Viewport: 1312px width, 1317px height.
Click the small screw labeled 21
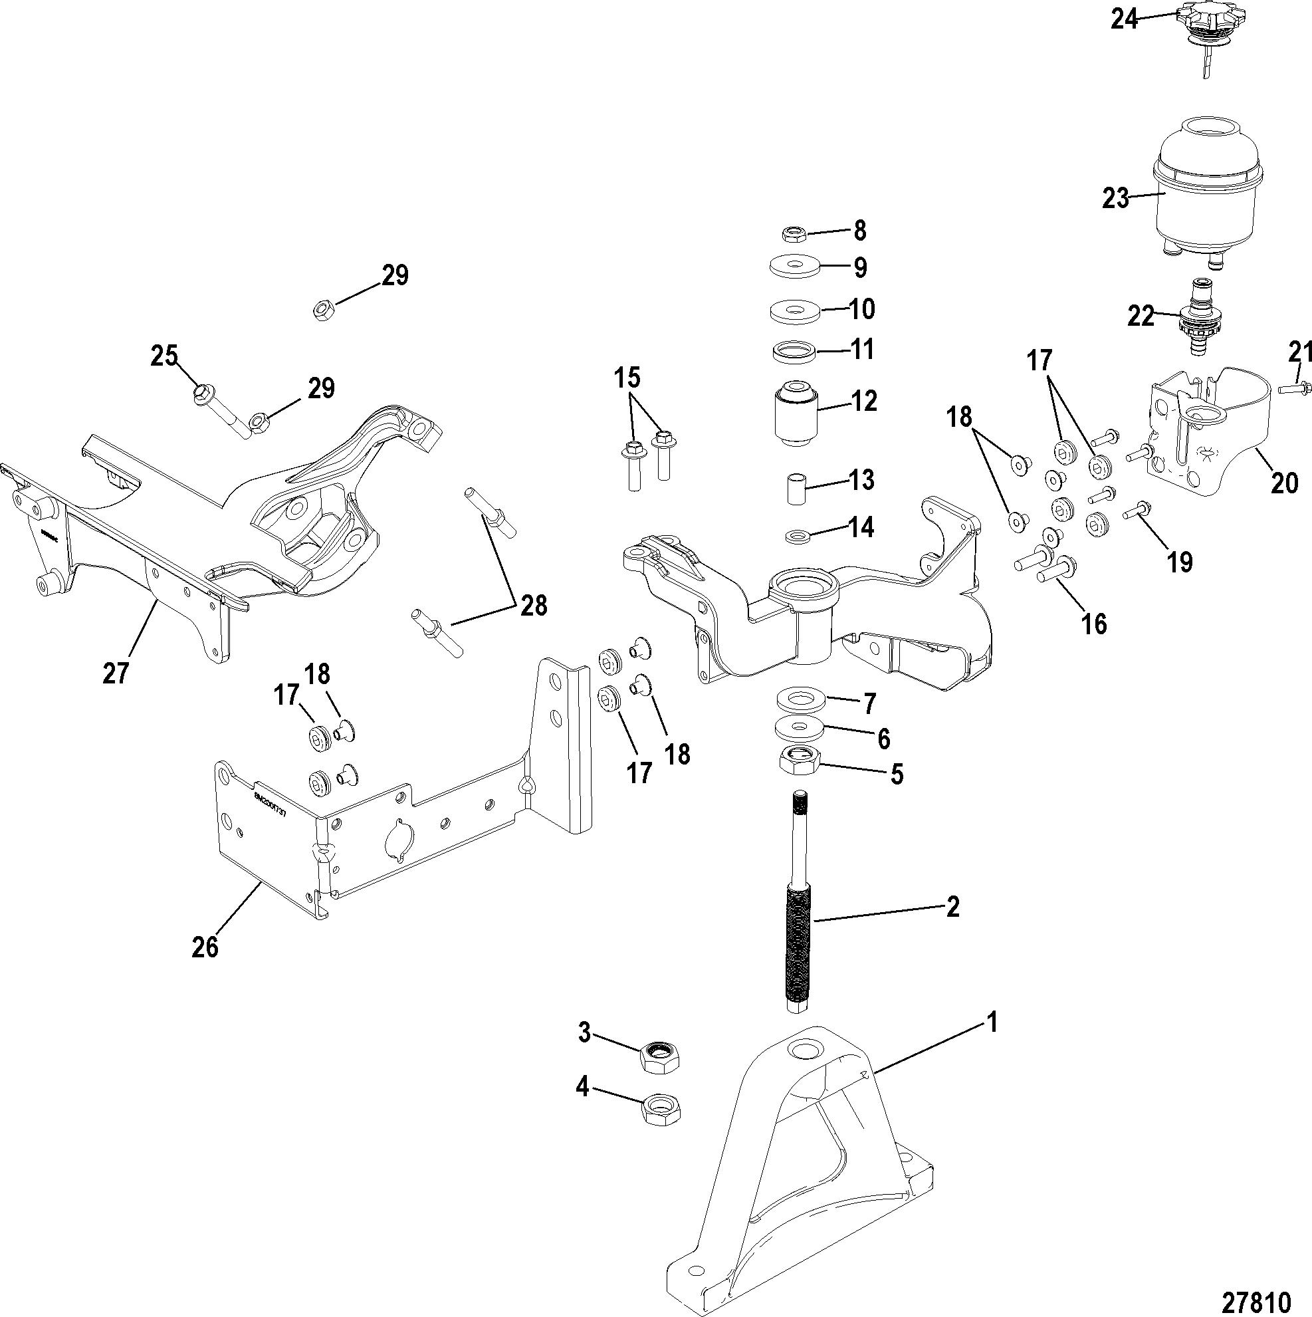1291,389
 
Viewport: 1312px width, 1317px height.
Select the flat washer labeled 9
794,267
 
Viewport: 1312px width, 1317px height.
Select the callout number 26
205,946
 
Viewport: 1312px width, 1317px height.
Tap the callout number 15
628,376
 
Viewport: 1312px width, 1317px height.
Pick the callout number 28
533,606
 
